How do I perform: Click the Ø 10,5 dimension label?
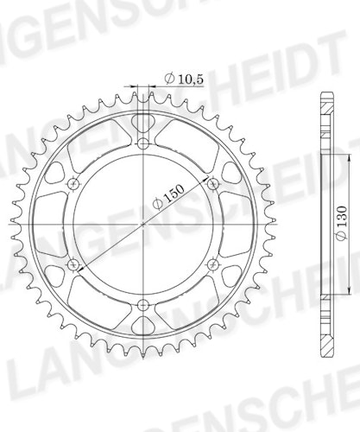(x=184, y=79)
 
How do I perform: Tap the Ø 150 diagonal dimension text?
(x=168, y=197)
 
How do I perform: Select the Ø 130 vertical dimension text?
(x=342, y=223)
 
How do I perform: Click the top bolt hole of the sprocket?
(x=143, y=143)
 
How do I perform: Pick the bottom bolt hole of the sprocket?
(x=143, y=305)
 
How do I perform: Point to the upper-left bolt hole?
(x=73, y=184)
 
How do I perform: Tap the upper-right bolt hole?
(x=213, y=184)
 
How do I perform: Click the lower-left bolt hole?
(x=73, y=264)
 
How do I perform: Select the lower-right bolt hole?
(x=213, y=264)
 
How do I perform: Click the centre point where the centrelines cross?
(x=143, y=224)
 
